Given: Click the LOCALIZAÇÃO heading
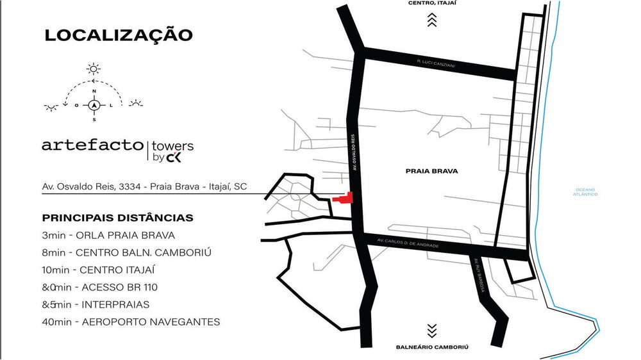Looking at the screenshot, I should (118, 35).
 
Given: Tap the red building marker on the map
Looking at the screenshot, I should (347, 198).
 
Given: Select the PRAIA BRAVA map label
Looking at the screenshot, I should (427, 171).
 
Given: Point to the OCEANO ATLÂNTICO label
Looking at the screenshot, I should (586, 192).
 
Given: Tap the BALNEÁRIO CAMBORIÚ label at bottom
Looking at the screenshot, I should (432, 347).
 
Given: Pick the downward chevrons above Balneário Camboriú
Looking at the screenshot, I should (432, 331).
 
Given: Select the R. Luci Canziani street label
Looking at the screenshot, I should (436, 62).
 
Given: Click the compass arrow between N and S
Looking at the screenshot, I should (94, 105).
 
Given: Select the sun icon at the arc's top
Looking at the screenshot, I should (94, 68).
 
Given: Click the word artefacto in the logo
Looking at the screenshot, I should (93, 145).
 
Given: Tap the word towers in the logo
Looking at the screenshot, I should (172, 146).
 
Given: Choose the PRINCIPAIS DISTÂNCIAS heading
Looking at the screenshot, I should (117, 218).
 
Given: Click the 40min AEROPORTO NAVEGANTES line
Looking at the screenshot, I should (131, 322).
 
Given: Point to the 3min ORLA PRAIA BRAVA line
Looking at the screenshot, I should (108, 235).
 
